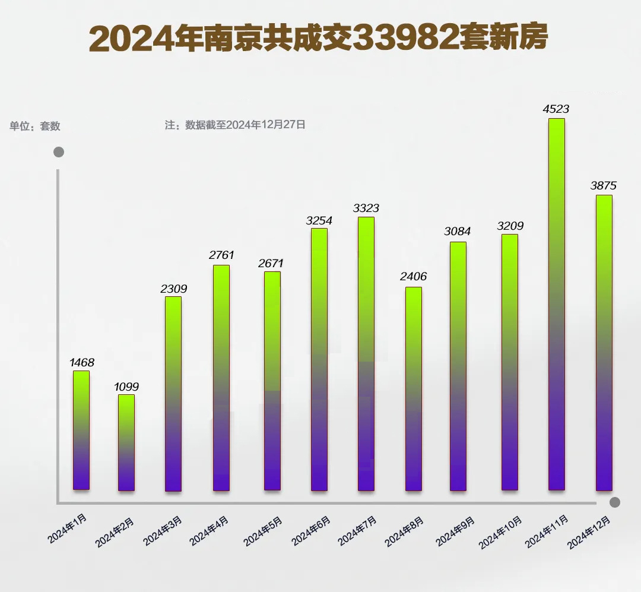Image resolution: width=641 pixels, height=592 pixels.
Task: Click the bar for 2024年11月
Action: (x=556, y=304)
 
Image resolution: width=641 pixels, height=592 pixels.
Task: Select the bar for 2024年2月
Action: (x=126, y=442)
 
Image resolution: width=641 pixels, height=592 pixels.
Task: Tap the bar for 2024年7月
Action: (x=366, y=353)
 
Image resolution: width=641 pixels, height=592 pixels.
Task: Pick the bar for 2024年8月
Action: (x=414, y=388)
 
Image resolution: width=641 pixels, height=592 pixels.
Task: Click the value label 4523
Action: (x=556, y=109)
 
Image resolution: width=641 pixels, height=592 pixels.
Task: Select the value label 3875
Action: (x=603, y=186)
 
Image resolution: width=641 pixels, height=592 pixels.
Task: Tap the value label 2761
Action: (x=221, y=255)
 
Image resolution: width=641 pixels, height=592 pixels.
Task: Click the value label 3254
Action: (x=319, y=220)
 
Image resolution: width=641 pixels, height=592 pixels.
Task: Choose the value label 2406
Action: (x=414, y=277)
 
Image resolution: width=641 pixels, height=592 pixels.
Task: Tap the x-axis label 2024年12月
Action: (x=589, y=533)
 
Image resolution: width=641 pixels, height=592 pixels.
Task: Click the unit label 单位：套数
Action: (x=35, y=126)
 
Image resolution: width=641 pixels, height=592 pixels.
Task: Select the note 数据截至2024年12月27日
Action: (x=235, y=125)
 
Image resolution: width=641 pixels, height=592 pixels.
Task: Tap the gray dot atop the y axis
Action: (x=58, y=153)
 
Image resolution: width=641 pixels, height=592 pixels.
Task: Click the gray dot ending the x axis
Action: (x=615, y=502)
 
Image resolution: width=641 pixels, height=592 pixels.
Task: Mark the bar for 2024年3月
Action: (x=173, y=394)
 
